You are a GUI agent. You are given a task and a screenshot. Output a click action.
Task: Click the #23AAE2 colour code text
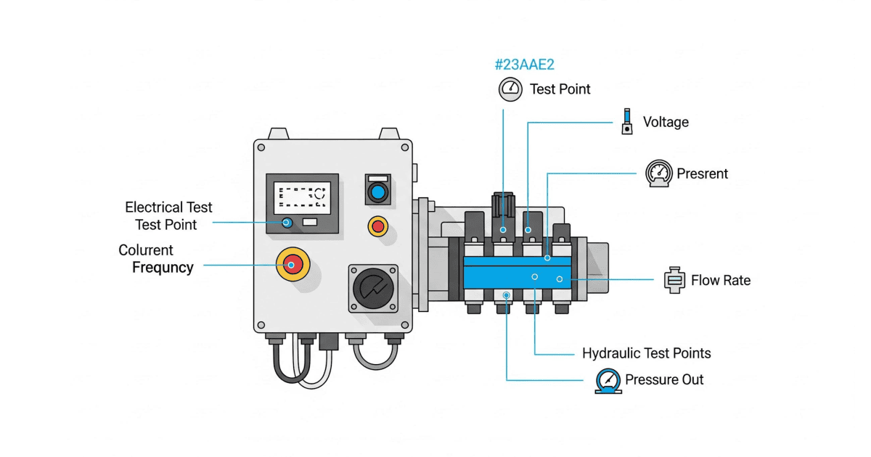[x=524, y=65]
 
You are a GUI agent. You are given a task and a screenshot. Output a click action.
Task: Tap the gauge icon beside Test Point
[x=510, y=89]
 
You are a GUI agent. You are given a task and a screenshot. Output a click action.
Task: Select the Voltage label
[x=666, y=122]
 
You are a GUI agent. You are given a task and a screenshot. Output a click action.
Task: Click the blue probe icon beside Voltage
[x=626, y=121]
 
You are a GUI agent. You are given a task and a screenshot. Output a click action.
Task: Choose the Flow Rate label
[x=720, y=280]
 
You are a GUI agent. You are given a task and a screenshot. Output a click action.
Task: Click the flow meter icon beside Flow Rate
[x=674, y=280]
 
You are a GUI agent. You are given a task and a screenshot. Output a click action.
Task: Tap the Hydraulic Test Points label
[x=646, y=354]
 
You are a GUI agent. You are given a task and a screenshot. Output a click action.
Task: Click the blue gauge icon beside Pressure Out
[x=608, y=380]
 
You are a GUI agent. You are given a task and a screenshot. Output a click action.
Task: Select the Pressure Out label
[x=664, y=379]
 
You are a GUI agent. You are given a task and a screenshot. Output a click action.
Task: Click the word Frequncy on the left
[x=163, y=268]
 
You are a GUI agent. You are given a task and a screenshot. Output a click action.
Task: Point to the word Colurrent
[x=146, y=250]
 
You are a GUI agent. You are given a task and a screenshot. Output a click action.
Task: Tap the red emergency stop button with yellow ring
[x=292, y=265]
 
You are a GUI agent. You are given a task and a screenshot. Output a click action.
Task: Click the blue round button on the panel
[x=377, y=192]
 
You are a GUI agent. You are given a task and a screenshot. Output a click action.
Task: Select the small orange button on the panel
[x=377, y=226]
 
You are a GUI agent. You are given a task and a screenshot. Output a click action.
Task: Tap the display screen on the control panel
[x=301, y=197]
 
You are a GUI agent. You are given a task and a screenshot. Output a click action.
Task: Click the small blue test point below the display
[x=287, y=222]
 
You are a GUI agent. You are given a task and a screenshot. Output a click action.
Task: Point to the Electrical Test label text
[x=168, y=207]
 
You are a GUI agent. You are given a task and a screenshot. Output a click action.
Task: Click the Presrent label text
[x=702, y=174]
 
